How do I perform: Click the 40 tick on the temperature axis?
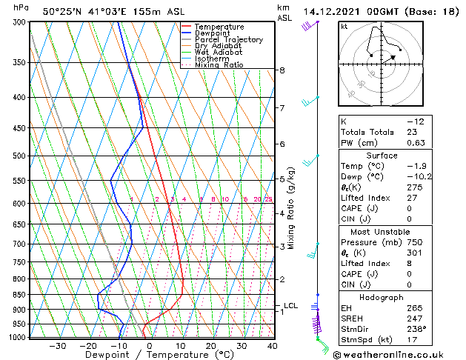(271, 346)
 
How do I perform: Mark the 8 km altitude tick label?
(282, 70)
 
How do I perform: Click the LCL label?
(290, 305)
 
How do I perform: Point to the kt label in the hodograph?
(344, 27)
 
